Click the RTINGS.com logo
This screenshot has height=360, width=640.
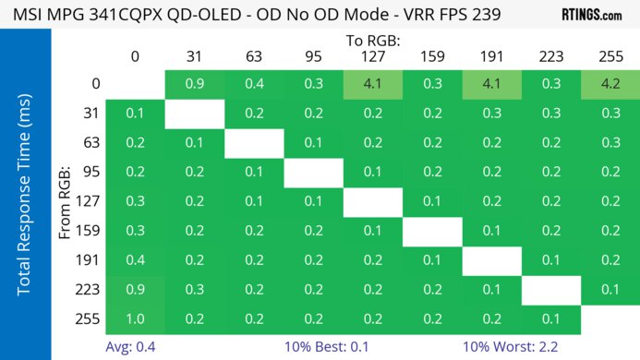[591, 15]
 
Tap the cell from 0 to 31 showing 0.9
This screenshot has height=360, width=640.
[195, 85]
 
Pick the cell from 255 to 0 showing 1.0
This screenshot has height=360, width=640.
[136, 318]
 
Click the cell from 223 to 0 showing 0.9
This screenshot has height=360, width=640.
[136, 289]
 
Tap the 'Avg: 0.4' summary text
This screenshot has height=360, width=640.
[134, 347]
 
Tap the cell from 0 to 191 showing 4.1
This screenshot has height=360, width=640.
[490, 85]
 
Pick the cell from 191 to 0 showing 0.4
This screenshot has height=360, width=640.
[136, 260]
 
